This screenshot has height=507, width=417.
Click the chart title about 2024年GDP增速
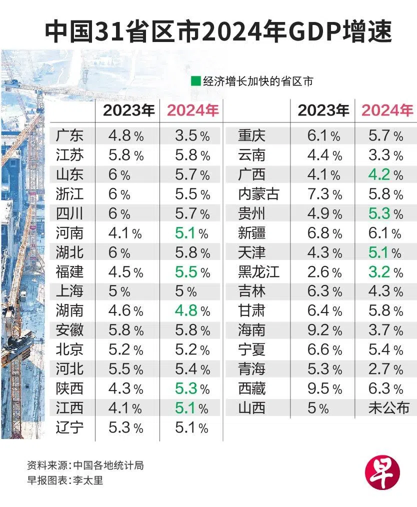tap(218, 31)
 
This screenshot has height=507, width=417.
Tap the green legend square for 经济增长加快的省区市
tap(195, 81)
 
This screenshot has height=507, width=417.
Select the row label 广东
tap(70, 135)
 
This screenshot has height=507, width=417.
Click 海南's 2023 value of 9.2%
tap(324, 330)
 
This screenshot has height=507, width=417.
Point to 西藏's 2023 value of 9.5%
tap(324, 389)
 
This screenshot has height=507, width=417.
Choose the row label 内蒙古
tap(258, 194)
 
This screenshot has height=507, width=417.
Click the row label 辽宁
tap(70, 428)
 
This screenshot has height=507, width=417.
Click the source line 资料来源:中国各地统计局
tap(85, 465)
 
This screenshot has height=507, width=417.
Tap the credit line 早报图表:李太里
tap(65, 480)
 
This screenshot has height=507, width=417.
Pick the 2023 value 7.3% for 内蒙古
tap(324, 194)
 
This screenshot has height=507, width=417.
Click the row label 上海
tap(70, 291)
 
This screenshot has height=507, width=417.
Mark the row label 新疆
tap(252, 233)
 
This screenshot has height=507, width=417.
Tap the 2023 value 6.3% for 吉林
tap(324, 291)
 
